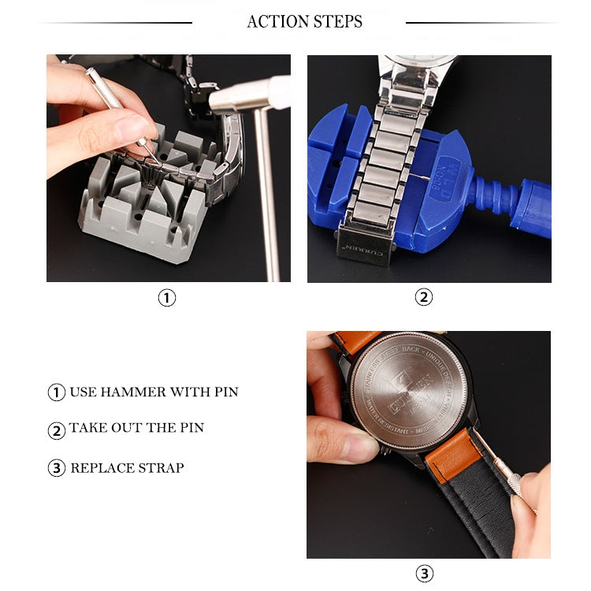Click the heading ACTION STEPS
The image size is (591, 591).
coord(304,22)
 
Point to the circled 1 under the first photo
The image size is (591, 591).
coord(167,298)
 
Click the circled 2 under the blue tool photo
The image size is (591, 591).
coord(424,298)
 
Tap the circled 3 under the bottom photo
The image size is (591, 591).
coord(425,573)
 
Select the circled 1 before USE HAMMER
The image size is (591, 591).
coord(56,392)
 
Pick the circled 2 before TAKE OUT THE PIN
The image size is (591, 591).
coord(56,430)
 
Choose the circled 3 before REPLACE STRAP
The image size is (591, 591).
coord(56,468)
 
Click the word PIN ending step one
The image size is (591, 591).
coord(225,392)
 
